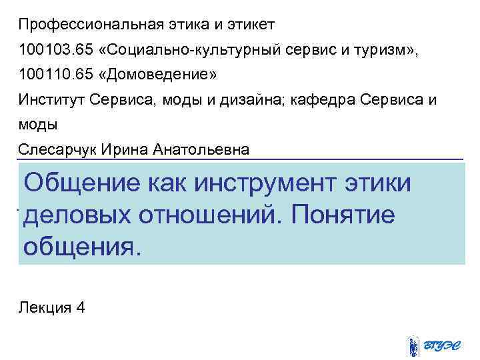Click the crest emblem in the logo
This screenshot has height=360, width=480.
[413, 346]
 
